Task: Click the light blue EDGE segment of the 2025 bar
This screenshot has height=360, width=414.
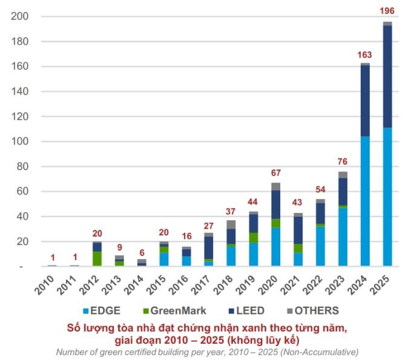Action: pyautogui.click(x=387, y=197)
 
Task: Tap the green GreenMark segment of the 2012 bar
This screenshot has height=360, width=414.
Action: pyautogui.click(x=97, y=258)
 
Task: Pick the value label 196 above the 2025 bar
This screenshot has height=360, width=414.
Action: pyautogui.click(x=387, y=11)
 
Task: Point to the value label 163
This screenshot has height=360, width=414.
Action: pyautogui.click(x=365, y=53)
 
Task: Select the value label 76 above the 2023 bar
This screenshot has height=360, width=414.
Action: pyautogui.click(x=343, y=161)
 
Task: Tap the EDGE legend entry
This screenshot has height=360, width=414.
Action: pyautogui.click(x=102, y=310)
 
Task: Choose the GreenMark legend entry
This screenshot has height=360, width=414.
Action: pyautogui.click(x=172, y=310)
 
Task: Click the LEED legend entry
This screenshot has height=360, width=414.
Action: pyautogui.click(x=246, y=310)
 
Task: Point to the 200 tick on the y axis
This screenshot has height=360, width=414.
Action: pyautogui.click(x=19, y=16)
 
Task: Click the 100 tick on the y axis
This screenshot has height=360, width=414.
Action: pyautogui.click(x=19, y=142)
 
